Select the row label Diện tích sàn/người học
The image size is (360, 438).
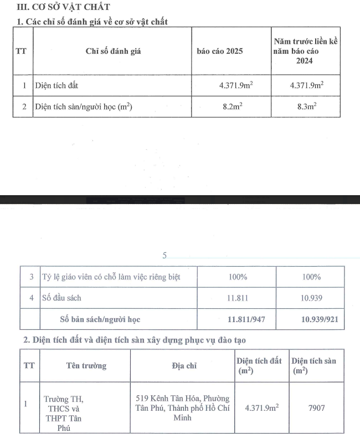tap(83, 107)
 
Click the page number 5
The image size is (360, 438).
tap(164, 256)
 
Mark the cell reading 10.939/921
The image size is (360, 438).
tap(312, 319)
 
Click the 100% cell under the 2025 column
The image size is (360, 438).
tap(238, 277)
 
